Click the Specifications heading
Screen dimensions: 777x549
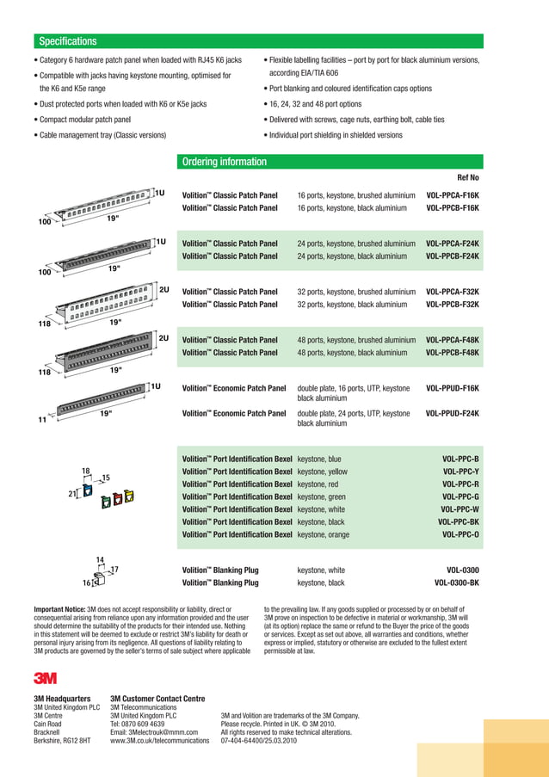point(67,42)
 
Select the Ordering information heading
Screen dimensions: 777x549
point(224,162)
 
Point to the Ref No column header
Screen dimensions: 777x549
point(468,177)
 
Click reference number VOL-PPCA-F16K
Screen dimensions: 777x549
point(453,195)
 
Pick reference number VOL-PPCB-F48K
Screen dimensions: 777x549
point(453,353)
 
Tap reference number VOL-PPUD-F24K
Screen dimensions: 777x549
point(453,414)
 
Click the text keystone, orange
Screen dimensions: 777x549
point(324,534)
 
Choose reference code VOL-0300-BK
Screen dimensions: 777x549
point(457,583)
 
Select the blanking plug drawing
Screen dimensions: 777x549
point(97,579)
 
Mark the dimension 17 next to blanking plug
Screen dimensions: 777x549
point(114,570)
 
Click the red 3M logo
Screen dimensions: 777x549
point(45,678)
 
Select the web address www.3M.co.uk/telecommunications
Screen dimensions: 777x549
point(159,739)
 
